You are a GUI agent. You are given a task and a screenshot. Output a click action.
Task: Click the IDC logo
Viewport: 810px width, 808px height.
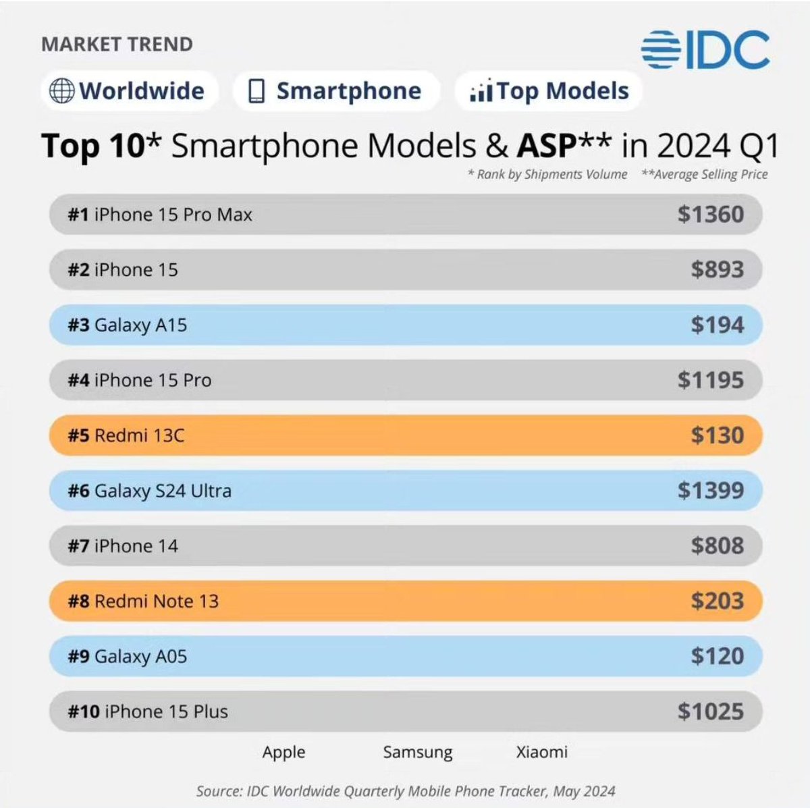click(705, 50)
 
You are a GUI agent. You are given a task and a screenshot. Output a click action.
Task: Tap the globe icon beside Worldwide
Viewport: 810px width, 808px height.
click(61, 91)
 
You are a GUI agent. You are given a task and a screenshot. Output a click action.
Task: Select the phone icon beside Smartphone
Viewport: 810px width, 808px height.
click(256, 91)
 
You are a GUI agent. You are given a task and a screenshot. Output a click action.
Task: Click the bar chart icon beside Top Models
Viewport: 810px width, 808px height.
click(481, 91)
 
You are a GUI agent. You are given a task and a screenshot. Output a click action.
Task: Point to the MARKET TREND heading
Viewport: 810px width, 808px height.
click(117, 45)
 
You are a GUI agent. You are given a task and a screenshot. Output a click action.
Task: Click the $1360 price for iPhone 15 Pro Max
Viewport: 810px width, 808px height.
click(710, 215)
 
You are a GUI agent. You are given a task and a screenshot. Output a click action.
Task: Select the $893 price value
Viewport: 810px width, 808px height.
click(717, 270)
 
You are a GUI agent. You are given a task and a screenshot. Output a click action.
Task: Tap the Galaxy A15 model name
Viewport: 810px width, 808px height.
click(140, 325)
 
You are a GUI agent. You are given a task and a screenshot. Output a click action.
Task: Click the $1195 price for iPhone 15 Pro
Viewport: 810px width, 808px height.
click(710, 380)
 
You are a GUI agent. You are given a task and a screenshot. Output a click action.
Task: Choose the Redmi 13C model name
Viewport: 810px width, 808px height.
click(139, 435)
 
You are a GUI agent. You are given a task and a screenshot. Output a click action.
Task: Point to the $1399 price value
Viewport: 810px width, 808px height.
click(710, 491)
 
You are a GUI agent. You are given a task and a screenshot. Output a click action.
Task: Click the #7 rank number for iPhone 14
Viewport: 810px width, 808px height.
click(78, 545)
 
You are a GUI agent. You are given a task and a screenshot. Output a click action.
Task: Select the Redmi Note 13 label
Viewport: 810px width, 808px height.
click(157, 601)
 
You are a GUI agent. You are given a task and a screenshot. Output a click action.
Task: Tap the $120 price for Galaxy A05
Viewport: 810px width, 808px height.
click(717, 656)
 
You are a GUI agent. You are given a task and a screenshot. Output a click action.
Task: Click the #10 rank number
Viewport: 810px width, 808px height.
click(84, 711)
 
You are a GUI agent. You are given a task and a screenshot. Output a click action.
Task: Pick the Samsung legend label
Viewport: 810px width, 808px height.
click(417, 752)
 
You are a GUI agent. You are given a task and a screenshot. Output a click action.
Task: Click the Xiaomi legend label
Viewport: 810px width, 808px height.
click(541, 752)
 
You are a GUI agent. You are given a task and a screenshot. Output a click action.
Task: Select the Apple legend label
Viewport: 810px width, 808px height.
click(283, 752)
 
